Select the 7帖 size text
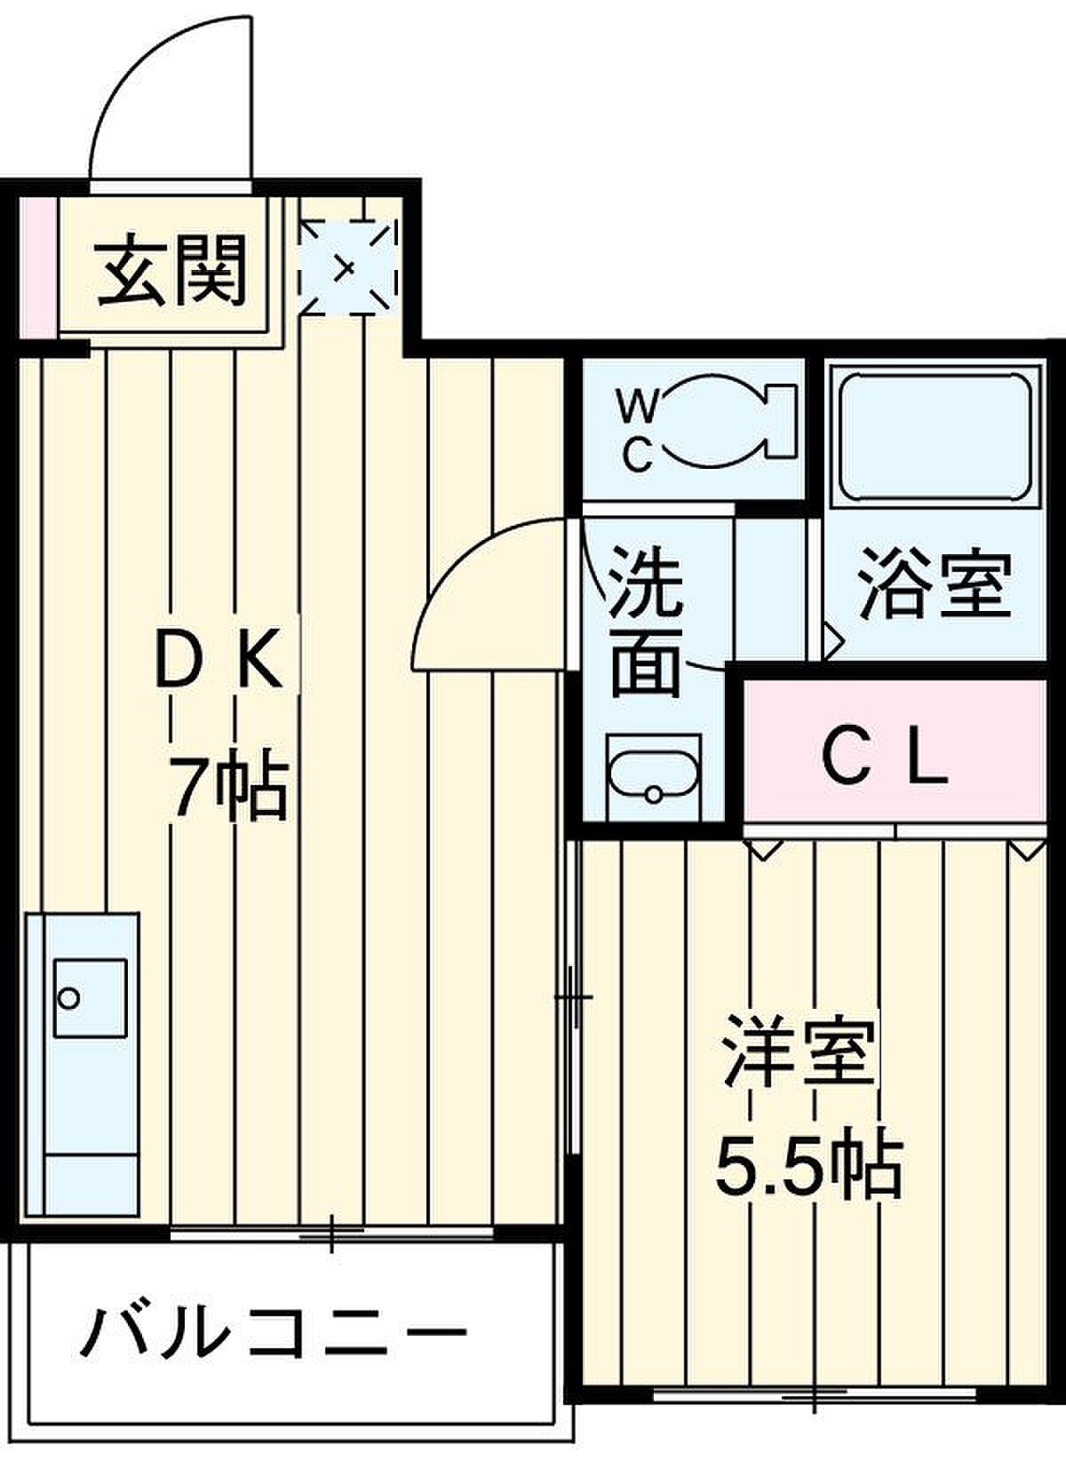(228, 787)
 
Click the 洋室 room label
(800, 1050)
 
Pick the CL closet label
(885, 763)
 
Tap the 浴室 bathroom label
(935, 583)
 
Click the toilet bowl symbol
(729, 421)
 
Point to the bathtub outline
(935, 435)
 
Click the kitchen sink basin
(90, 998)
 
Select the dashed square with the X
(348, 268)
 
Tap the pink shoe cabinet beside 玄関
(38, 268)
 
